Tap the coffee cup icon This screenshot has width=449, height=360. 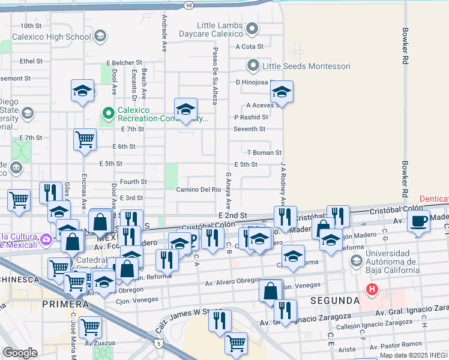(x=418, y=220)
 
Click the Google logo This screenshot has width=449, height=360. (x=20, y=353)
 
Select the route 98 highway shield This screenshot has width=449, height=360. (x=189, y=5)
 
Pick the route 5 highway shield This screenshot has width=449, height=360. (x=157, y=343)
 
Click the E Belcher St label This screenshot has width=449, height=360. (x=124, y=62)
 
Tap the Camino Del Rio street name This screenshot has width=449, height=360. (x=200, y=190)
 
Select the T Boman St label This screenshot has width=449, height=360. (x=264, y=153)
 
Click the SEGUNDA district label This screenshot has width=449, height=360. (x=334, y=300)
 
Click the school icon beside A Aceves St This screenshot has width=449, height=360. (x=280, y=92)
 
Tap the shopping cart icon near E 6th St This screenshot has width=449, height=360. (x=85, y=139)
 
